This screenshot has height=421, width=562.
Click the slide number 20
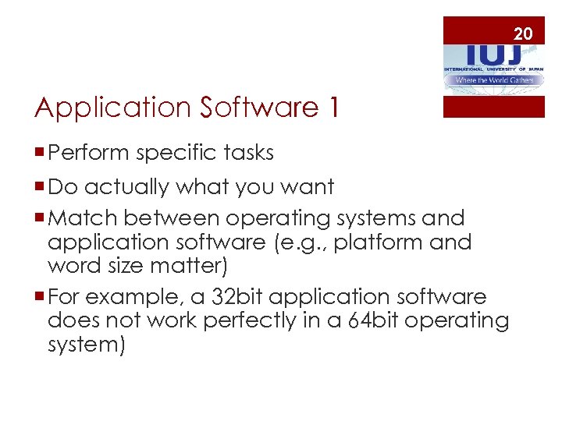pos(523,33)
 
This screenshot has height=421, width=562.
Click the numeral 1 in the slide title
pos(333,108)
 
